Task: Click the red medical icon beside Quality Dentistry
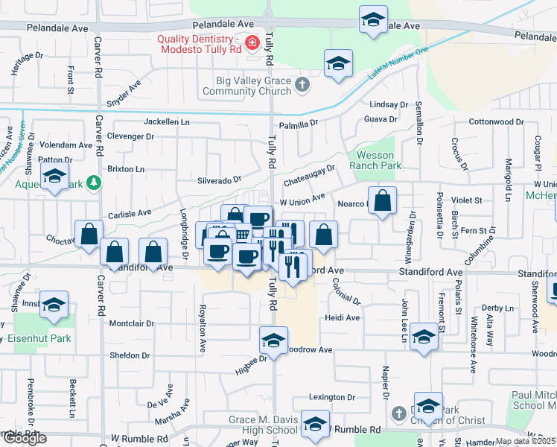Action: pyautogui.click(x=252, y=42)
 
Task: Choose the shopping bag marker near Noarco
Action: pyautogui.click(x=382, y=200)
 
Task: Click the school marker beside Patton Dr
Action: pyautogui.click(x=54, y=178)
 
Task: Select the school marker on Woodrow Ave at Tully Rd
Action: pyautogui.click(x=273, y=340)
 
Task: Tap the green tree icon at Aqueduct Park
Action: pyautogui.click(x=93, y=182)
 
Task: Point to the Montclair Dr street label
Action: pyautogui.click(x=132, y=324)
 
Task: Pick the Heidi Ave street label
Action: pyautogui.click(x=342, y=317)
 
